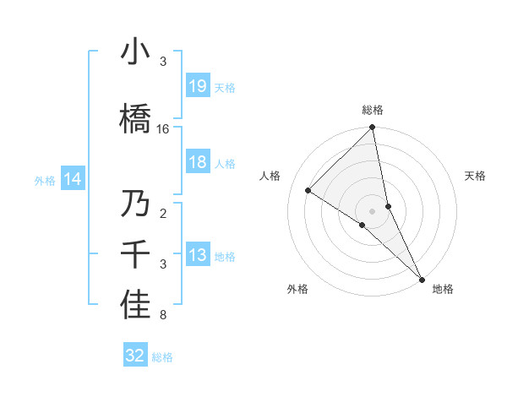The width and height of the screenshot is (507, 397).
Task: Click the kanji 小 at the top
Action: coord(135,53)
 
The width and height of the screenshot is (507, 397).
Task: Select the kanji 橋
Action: coord(135,118)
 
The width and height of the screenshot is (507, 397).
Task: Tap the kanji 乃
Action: coord(135,204)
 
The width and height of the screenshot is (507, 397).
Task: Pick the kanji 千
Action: coord(135,254)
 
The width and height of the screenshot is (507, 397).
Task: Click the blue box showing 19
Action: coord(198,86)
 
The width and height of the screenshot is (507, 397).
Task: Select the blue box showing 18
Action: coord(198,162)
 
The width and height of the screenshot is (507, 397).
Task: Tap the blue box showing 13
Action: coord(198,255)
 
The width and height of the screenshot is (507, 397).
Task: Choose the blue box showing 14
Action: coord(73,179)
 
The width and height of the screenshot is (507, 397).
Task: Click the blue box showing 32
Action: coord(135,356)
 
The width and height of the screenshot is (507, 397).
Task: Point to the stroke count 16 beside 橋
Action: coord(163,129)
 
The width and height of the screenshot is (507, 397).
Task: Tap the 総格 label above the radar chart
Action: coord(373,110)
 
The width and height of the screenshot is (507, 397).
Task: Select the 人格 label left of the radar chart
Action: coord(270,176)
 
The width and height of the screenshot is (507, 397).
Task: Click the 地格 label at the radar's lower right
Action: coord(443,289)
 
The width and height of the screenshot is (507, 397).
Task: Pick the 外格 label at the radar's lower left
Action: coord(297,289)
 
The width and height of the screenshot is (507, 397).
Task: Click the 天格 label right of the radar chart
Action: coord(476,176)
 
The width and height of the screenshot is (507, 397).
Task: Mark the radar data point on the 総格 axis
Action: coord(373,128)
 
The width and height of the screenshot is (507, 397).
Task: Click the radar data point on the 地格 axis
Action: coord(422,278)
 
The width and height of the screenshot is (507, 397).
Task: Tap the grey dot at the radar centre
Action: coord(373,210)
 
